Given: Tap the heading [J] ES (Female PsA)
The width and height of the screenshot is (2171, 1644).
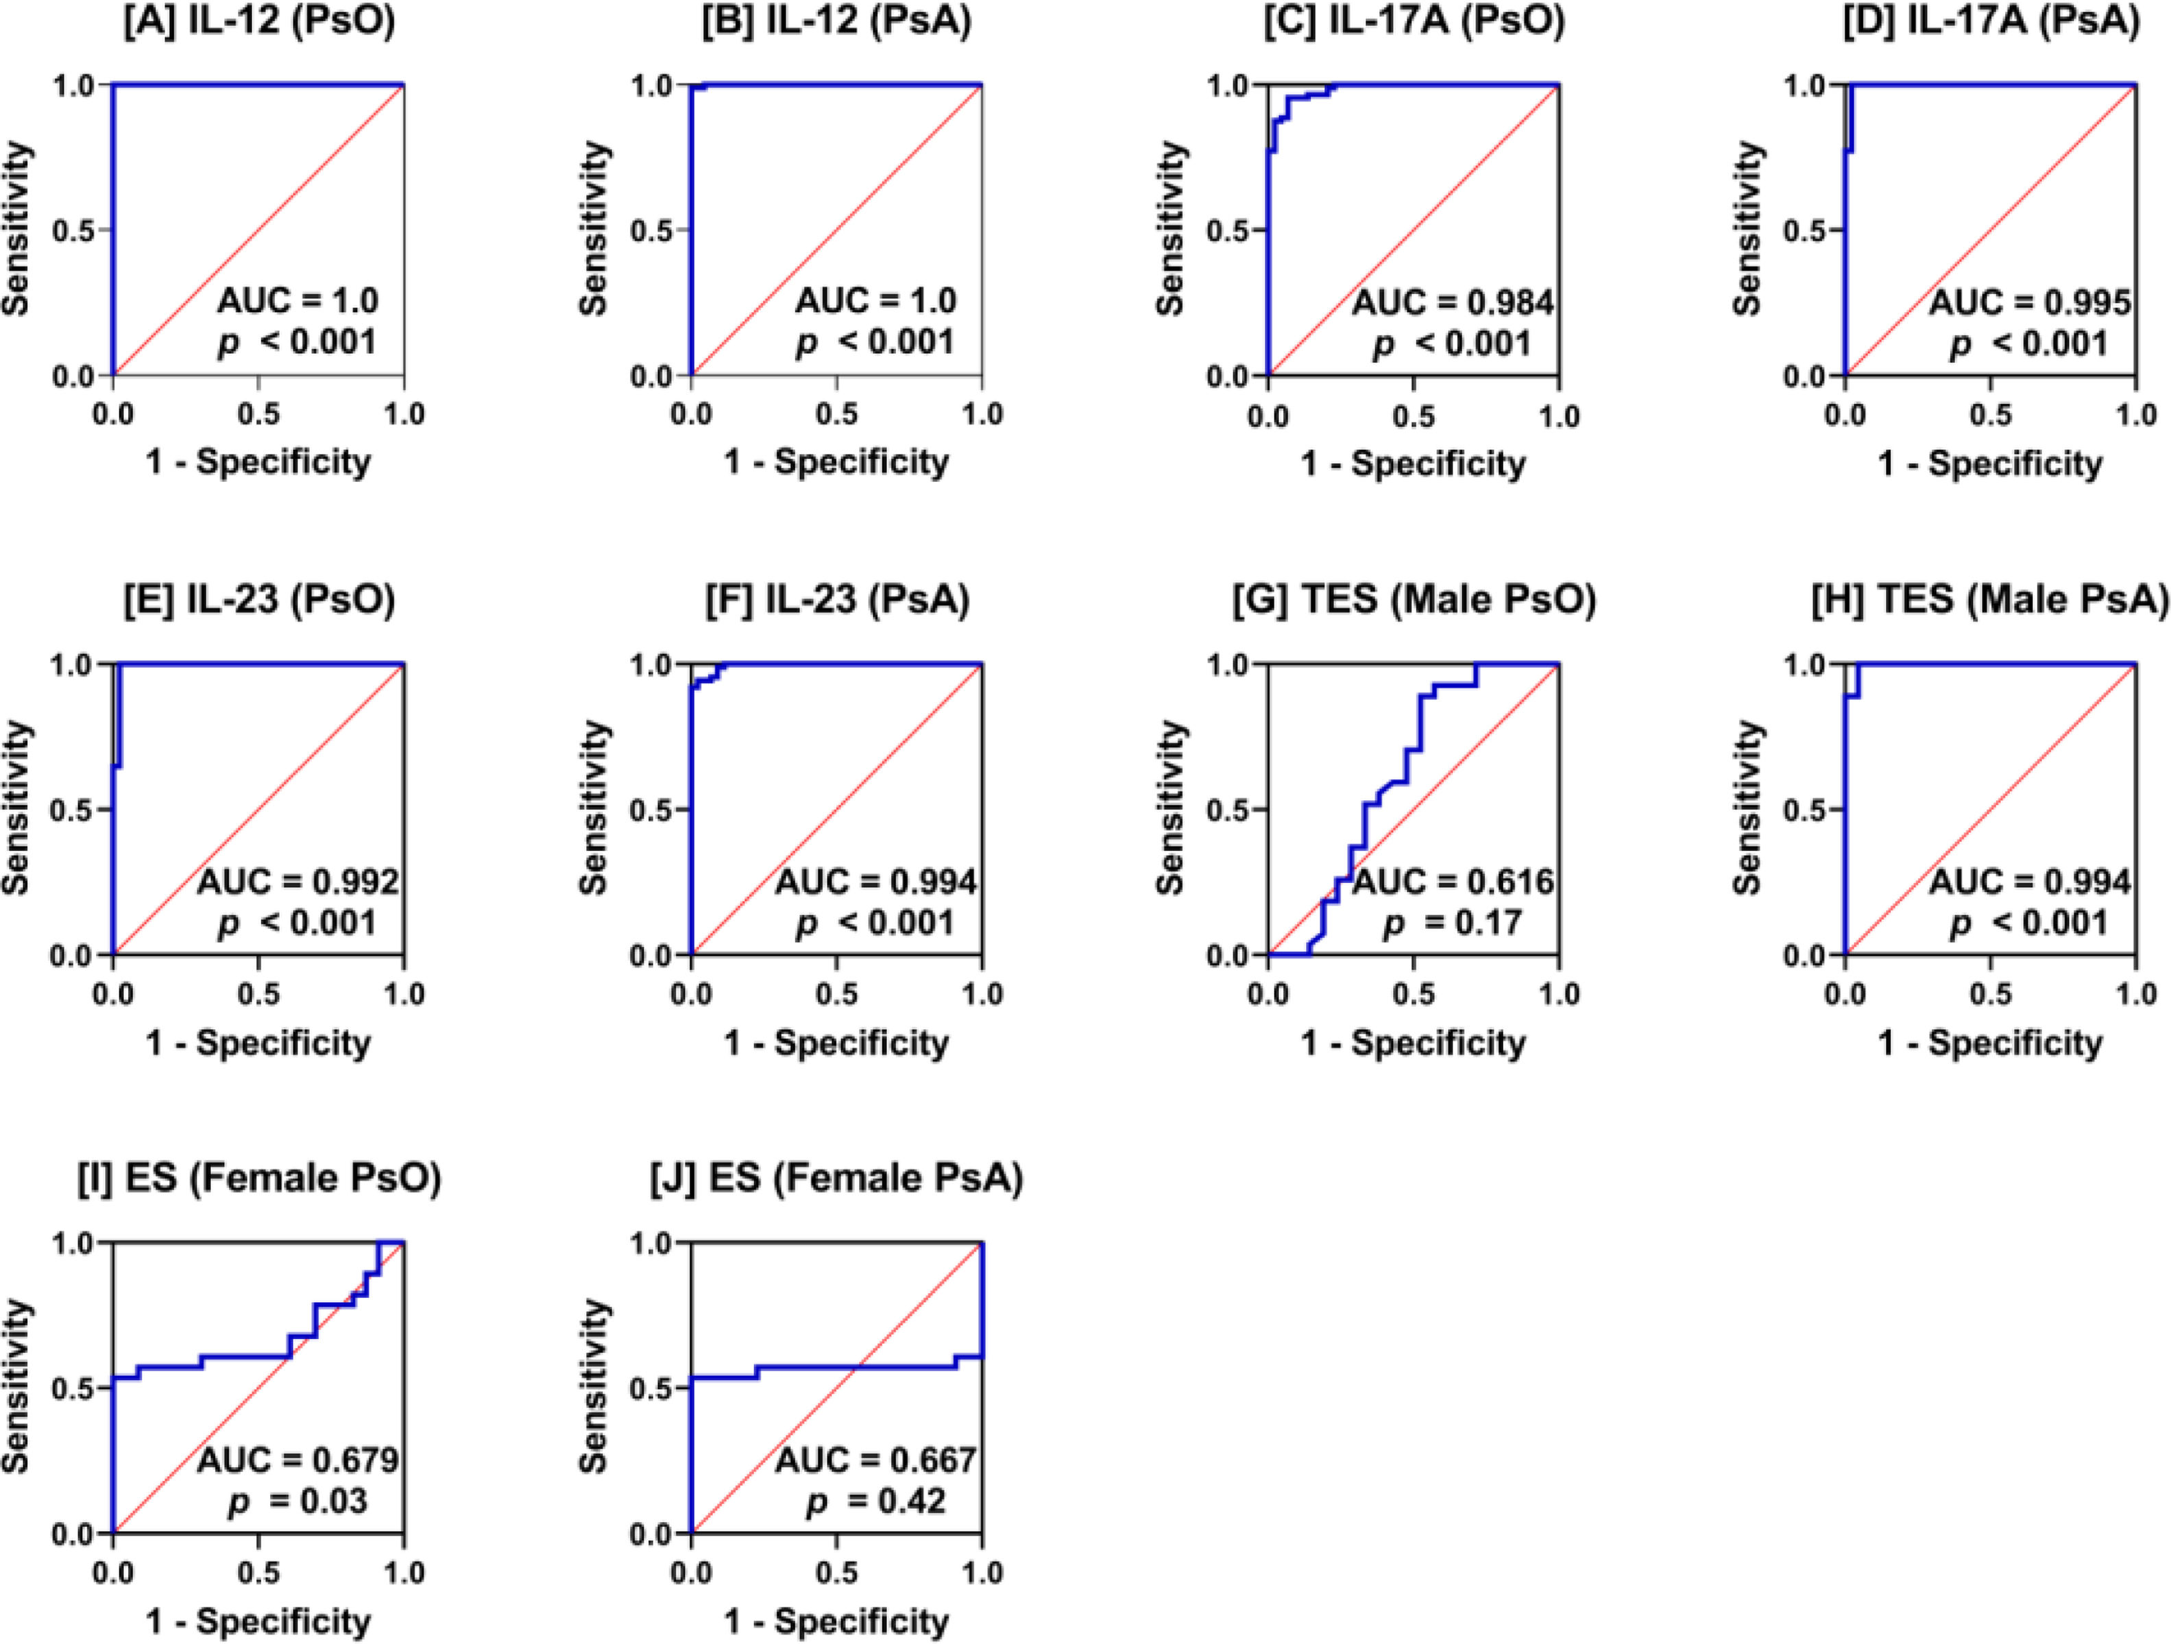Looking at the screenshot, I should coord(837,1178).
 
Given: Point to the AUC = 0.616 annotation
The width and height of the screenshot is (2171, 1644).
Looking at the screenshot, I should coord(1453,883).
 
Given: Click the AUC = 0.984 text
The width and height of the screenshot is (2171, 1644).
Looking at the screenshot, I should coord(1453,303).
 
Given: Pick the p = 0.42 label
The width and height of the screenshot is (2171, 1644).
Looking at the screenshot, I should coord(875,1501).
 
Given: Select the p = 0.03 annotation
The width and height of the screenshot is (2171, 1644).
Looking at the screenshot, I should coord(298,1501).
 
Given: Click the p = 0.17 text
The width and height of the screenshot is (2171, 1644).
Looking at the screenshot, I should coord(1453,923).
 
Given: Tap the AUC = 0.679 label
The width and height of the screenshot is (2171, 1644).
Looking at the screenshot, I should coord(298,1462).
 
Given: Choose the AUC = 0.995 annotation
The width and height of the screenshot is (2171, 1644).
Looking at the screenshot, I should coord(2030,303).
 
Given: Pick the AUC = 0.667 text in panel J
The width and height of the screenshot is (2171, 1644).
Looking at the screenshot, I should coord(875,1462).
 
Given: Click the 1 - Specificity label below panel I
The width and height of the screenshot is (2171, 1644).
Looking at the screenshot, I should coord(259,1621).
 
